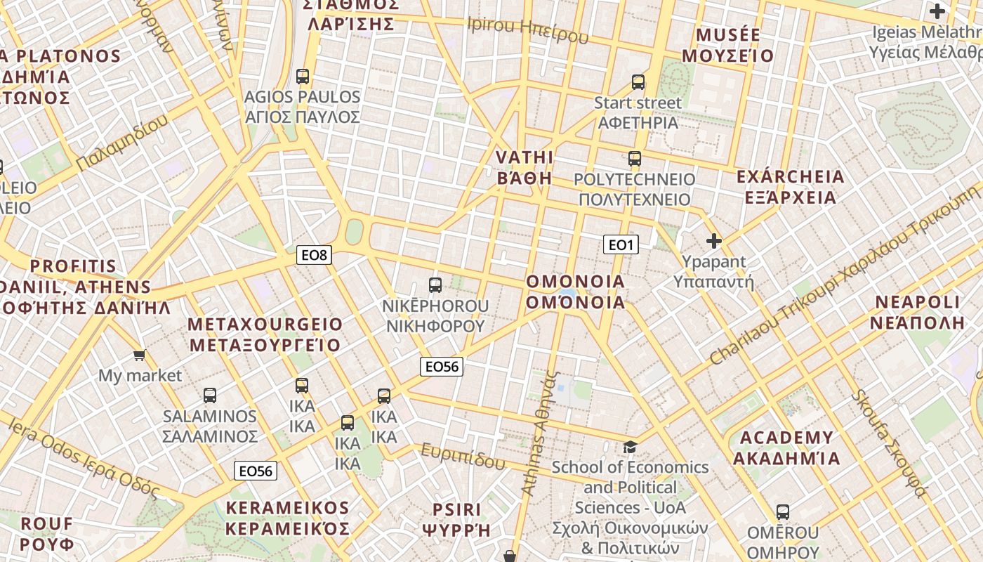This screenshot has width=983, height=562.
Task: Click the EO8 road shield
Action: click(315, 255)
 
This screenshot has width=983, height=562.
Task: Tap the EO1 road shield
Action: click(621, 244)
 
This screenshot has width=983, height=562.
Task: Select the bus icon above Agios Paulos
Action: click(303, 77)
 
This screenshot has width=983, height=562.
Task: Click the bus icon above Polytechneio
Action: click(635, 159)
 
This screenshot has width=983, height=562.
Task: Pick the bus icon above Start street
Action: click(638, 82)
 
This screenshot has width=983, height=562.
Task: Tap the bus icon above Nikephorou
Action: click(435, 285)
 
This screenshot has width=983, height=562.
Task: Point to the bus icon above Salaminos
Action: click(210, 396)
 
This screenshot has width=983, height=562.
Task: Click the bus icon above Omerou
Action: click(783, 512)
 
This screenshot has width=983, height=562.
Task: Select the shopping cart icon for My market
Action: click(140, 355)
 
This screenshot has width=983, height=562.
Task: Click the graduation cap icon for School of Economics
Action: click(630, 447)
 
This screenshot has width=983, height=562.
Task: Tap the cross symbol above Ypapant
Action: click(714, 242)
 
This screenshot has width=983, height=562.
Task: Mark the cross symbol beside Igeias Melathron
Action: click(937, 11)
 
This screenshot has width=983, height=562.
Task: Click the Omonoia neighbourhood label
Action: click(575, 292)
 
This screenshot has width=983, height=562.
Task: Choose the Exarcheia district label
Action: click(790, 187)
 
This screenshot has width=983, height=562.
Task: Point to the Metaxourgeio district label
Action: click(265, 334)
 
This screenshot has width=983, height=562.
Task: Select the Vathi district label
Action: click(525, 167)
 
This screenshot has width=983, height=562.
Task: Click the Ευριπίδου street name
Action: click(463, 457)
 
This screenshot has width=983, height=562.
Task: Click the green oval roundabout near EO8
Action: click(354, 232)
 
